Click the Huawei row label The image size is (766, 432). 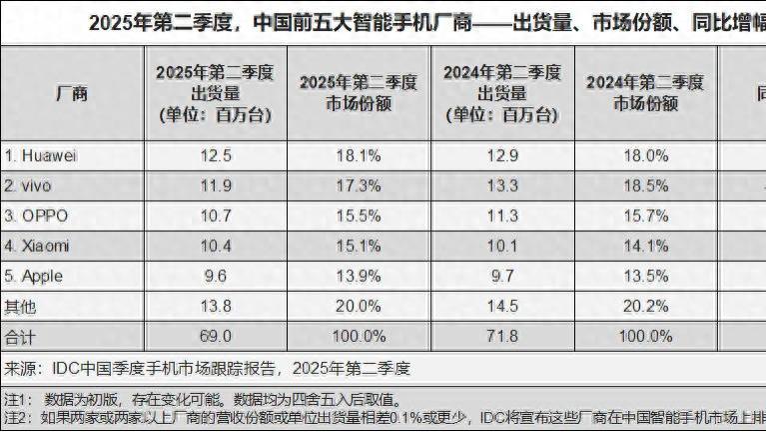pyautogui.click(x=41, y=156)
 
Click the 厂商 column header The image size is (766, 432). pyautogui.click(x=71, y=93)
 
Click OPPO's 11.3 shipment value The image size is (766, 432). pyautogui.click(x=502, y=214)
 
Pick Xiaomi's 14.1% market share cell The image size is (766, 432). pyautogui.click(x=644, y=243)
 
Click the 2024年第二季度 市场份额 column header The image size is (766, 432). pyautogui.click(x=644, y=93)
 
